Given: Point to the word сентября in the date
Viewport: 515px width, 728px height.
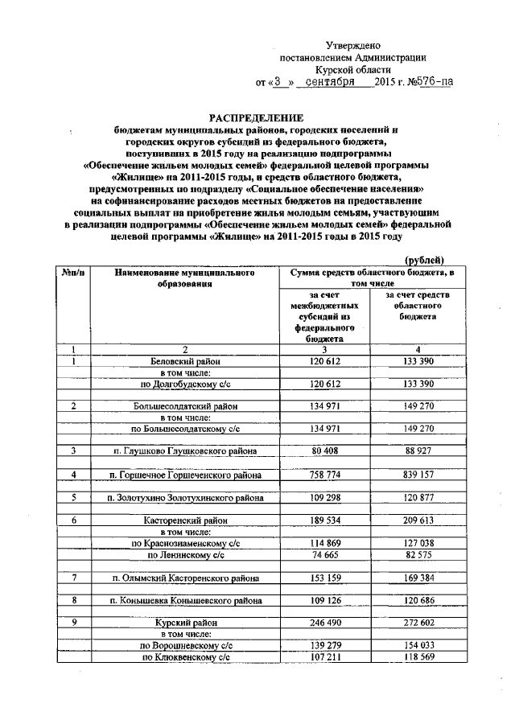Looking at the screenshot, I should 331,82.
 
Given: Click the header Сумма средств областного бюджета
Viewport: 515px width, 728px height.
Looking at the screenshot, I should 371,278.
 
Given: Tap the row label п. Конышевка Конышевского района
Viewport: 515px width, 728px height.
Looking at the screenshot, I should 187,601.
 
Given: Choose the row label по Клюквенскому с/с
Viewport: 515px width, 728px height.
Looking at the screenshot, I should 186,657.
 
